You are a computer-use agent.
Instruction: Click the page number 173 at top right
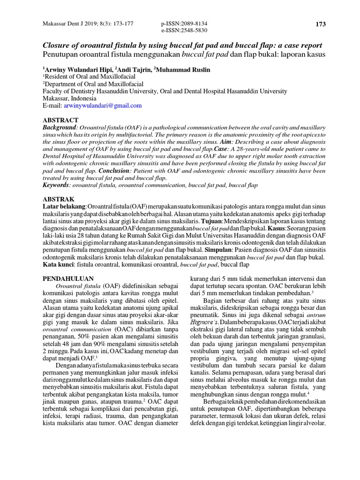[321, 24]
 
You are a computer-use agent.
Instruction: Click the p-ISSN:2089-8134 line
[184, 23]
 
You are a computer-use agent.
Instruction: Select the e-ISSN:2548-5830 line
[184, 30]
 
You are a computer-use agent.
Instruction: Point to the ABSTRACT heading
[60, 120]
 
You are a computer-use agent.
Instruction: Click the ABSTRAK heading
[59, 199]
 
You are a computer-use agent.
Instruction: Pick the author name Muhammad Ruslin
[184, 69]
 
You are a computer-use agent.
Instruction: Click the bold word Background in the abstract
[60, 127]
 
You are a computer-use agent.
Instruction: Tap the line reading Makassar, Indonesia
[69, 98]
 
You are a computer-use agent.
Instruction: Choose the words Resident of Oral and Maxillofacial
[90, 76]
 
